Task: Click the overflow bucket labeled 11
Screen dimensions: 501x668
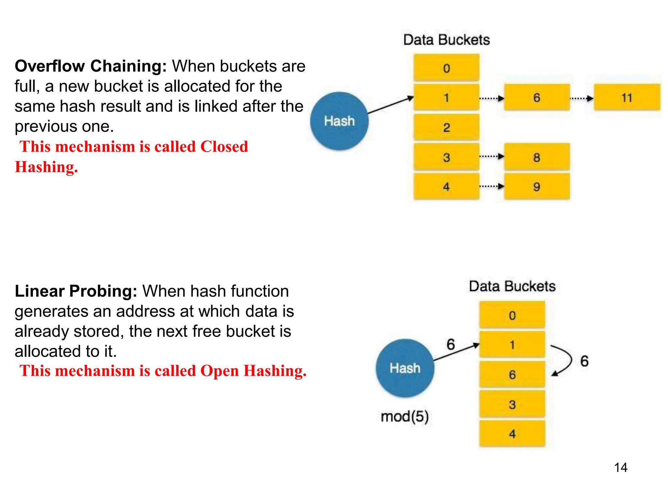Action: click(627, 97)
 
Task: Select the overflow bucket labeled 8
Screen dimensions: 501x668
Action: click(537, 157)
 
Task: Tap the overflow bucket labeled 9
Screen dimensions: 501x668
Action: click(537, 187)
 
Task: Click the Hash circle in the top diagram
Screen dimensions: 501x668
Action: click(339, 121)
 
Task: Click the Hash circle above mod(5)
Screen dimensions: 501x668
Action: click(405, 368)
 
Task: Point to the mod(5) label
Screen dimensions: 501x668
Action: click(405, 417)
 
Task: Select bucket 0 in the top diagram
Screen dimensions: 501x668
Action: click(447, 68)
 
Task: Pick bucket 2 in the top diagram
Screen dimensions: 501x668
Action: click(447, 127)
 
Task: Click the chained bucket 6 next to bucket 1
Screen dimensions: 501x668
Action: click(537, 97)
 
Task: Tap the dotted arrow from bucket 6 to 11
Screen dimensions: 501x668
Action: click(582, 98)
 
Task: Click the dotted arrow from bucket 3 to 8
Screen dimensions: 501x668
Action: click(492, 157)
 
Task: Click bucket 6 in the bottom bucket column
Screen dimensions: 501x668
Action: click(512, 374)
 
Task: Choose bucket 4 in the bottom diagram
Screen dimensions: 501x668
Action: click(512, 434)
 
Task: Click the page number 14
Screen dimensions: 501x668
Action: click(620, 468)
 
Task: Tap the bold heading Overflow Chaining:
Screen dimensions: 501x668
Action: click(91, 66)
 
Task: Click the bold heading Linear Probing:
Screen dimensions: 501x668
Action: click(76, 291)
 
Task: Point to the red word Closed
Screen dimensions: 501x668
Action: click(224, 146)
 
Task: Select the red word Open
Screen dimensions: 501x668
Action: click(220, 371)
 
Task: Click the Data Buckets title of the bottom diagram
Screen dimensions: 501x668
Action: click(512, 286)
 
